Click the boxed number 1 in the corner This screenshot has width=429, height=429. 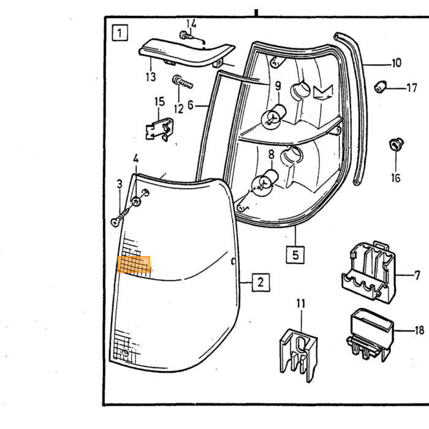point(120,33)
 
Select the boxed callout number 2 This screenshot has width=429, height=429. point(260,282)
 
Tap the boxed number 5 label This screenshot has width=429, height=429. point(295,255)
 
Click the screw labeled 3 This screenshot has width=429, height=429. point(121,217)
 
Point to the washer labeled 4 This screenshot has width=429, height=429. point(136,202)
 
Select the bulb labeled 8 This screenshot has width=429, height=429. point(265,183)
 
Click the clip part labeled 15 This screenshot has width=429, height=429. point(159,129)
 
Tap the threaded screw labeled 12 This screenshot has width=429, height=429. point(182,82)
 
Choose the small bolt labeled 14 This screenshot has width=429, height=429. point(185,35)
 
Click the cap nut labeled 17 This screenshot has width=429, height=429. point(381,86)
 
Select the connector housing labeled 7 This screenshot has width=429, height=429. point(369,271)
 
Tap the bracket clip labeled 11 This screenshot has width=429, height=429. point(298,355)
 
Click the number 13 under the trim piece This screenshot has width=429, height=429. point(151,77)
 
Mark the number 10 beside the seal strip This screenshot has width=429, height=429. point(397,63)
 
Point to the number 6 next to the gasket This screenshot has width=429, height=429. point(191,105)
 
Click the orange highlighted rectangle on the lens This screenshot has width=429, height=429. point(134,265)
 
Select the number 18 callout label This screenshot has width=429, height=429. point(419,330)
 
